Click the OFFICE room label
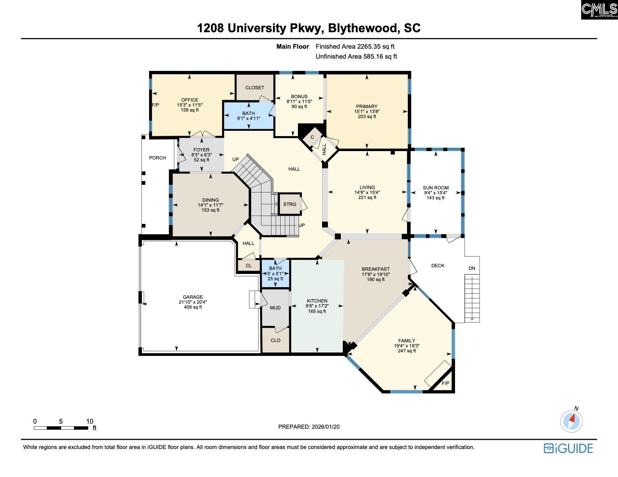point(190,100)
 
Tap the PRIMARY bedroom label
point(367,107)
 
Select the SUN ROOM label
point(436,188)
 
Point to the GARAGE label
point(193,297)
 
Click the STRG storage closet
point(290,204)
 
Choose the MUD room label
point(275,308)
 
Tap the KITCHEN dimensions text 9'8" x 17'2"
point(317,306)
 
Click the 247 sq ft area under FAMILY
point(407,351)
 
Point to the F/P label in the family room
point(445,384)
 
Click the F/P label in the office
point(156,105)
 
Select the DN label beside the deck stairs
point(472,268)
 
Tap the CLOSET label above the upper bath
point(255,88)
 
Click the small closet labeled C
point(312,137)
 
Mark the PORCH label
point(158,158)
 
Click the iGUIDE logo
point(568,448)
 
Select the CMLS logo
point(599,10)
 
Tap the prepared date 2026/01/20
point(325,427)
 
